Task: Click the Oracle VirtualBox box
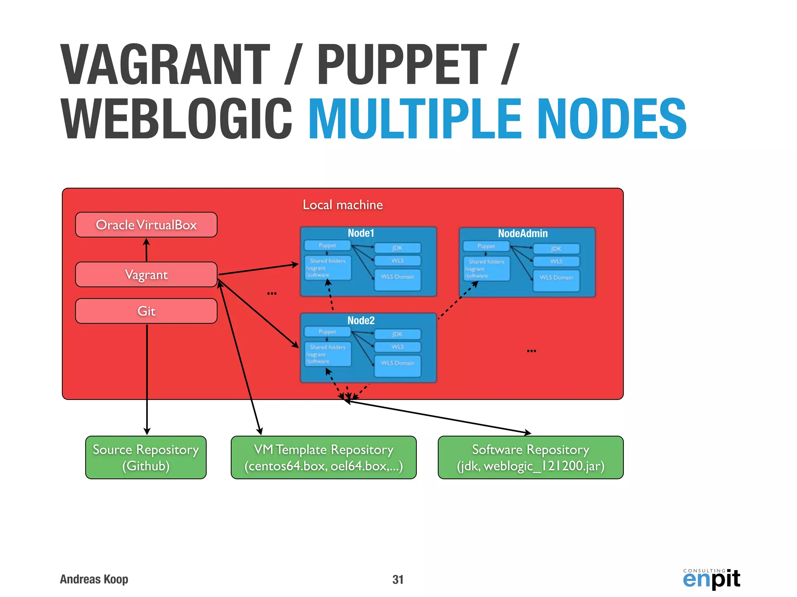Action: pyautogui.click(x=146, y=225)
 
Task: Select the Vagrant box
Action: pyautogui.click(x=146, y=274)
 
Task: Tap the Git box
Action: pyautogui.click(x=146, y=311)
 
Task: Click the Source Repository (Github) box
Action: pyautogui.click(x=146, y=457)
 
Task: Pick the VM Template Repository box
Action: pyautogui.click(x=323, y=457)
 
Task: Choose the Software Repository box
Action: pyautogui.click(x=530, y=457)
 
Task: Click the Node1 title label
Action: pyautogui.click(x=361, y=233)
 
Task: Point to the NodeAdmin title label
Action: pyautogui.click(x=523, y=234)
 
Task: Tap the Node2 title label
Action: pyautogui.click(x=361, y=321)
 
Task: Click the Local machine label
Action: pyautogui.click(x=342, y=205)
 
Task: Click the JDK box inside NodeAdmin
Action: pyautogui.click(x=556, y=249)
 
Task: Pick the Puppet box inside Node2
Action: pyautogui.click(x=327, y=332)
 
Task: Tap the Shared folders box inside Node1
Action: pyautogui.click(x=328, y=267)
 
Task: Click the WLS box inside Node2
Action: pyautogui.click(x=397, y=347)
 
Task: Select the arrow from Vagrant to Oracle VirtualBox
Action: pyautogui.click(x=146, y=250)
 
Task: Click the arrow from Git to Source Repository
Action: pyautogui.click(x=147, y=379)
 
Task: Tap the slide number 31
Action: pyautogui.click(x=398, y=580)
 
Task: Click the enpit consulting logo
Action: pyautogui.click(x=711, y=579)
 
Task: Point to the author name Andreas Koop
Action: pyautogui.click(x=94, y=579)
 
